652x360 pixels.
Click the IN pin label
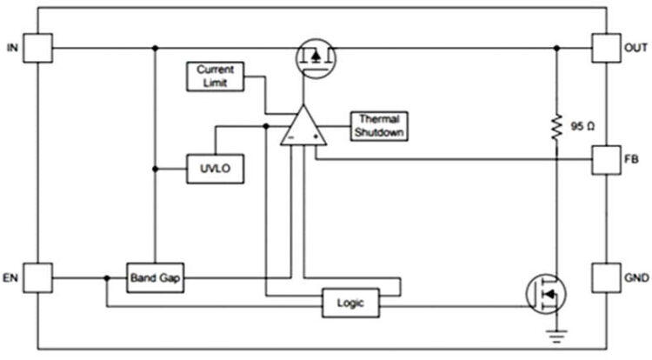point(11,48)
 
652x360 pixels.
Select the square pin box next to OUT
point(603,48)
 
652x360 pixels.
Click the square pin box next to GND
point(603,278)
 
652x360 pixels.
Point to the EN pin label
point(11,278)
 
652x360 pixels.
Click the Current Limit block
point(215,76)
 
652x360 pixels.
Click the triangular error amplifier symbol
point(302,128)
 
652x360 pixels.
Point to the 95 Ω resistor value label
point(582,127)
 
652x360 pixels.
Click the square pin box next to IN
point(38,48)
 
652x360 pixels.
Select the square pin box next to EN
point(38,278)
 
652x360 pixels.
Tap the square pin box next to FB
point(603,160)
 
